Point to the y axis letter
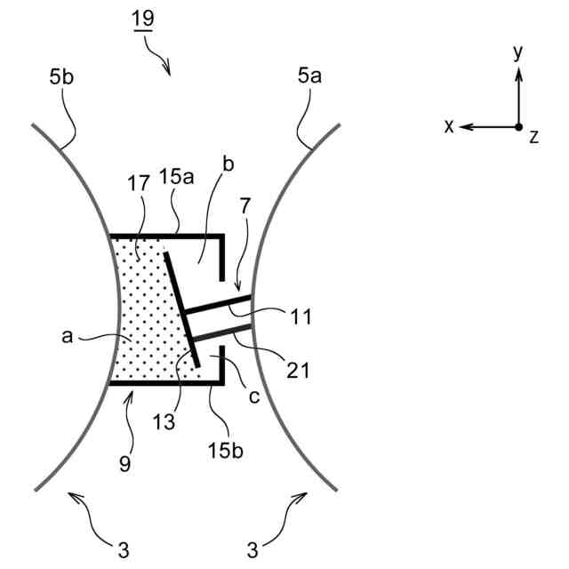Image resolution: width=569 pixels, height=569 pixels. (x=518, y=53)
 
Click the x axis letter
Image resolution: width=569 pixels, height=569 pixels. (x=450, y=127)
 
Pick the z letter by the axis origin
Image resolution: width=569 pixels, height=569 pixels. (x=533, y=137)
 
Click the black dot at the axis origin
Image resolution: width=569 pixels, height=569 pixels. (x=519, y=127)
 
